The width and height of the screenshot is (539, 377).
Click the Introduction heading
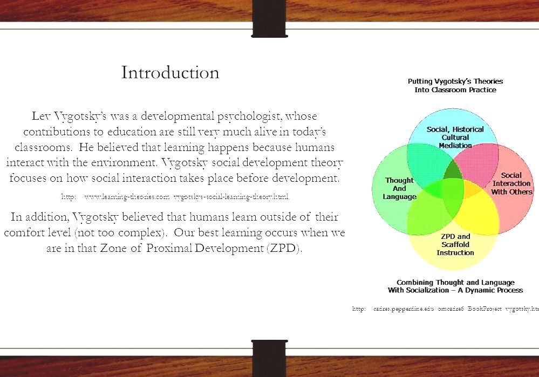(170, 72)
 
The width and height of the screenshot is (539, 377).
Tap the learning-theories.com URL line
(175, 197)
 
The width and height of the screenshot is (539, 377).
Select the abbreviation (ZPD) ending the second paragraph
(282, 249)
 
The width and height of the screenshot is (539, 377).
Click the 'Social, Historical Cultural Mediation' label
(455, 137)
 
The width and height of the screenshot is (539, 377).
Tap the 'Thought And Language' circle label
(399, 188)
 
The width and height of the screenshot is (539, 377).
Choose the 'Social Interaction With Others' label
(511, 183)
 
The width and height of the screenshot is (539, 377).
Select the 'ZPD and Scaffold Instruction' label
(455, 244)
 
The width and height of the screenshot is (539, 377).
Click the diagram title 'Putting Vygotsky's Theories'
(455, 81)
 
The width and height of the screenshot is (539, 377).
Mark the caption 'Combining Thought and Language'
(455, 282)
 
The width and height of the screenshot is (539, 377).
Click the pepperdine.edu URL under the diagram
(446, 309)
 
